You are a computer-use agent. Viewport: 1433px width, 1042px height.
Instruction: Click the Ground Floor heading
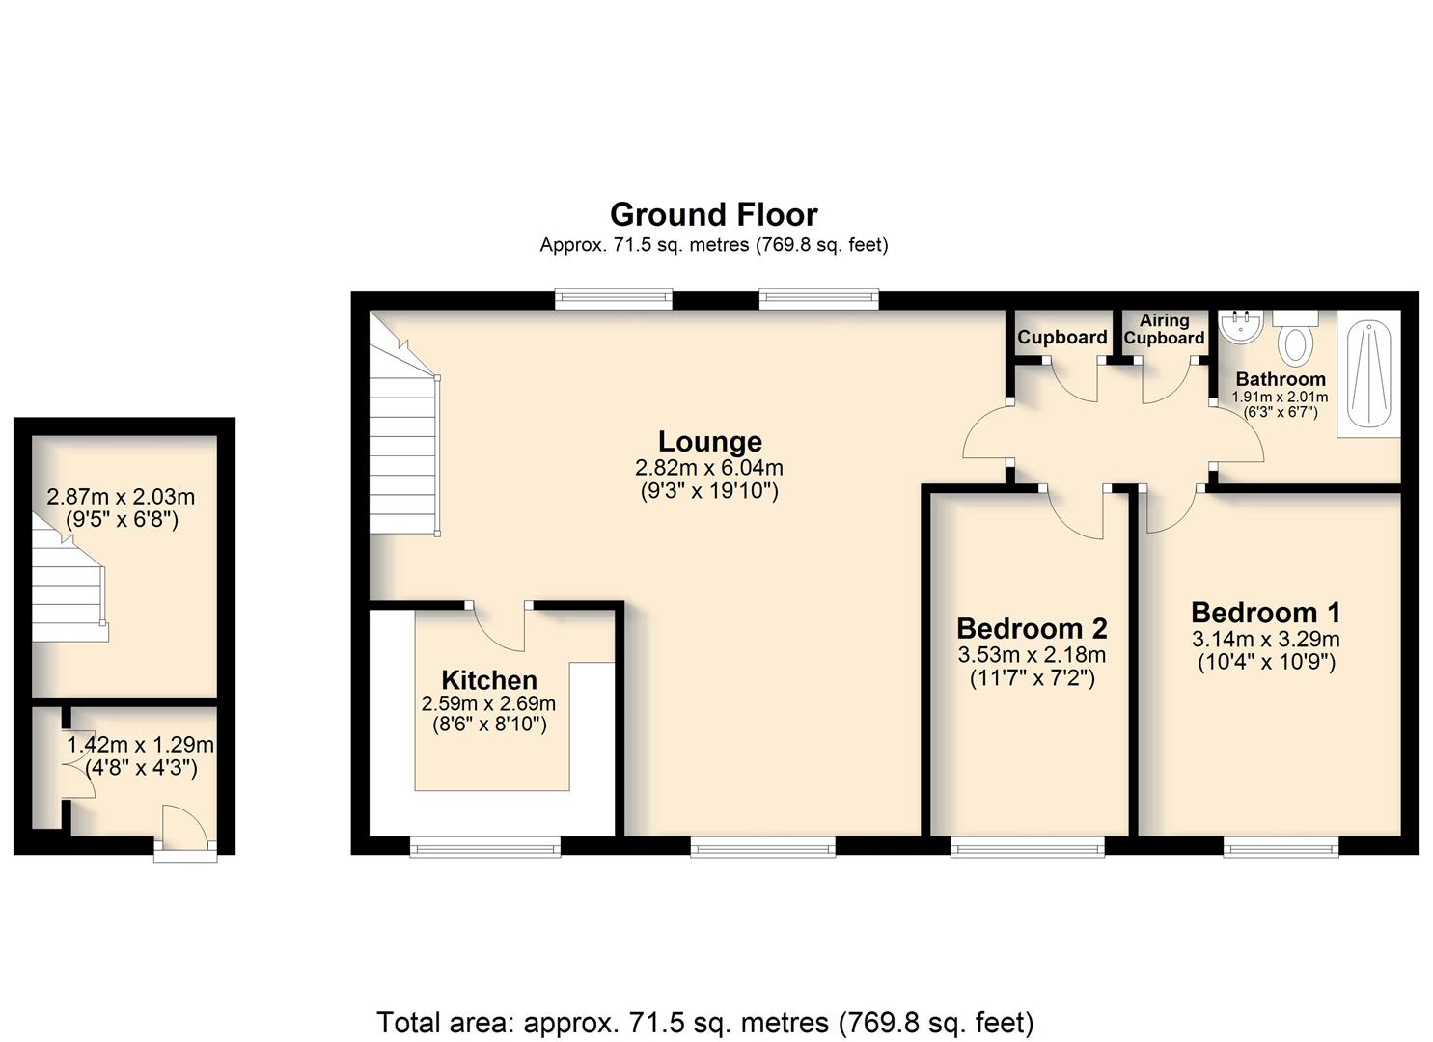click(x=713, y=215)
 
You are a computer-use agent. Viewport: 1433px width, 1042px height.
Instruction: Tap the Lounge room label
click(x=710, y=442)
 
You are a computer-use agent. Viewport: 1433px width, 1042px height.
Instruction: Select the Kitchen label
click(x=489, y=680)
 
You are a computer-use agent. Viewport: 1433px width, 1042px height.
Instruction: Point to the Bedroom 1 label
click(x=1265, y=613)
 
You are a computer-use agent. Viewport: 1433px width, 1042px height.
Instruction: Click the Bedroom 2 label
click(x=1032, y=629)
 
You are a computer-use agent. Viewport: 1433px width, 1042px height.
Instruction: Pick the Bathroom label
click(x=1281, y=379)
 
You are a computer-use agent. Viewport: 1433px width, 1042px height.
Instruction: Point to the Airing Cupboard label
click(x=1165, y=329)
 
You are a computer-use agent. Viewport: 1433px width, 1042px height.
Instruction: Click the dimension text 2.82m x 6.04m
click(x=709, y=468)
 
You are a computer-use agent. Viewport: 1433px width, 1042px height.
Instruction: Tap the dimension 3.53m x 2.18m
click(x=1032, y=655)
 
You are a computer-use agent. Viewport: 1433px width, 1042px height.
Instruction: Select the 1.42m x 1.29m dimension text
click(x=140, y=745)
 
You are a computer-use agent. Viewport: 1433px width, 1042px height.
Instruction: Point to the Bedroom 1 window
click(x=1281, y=847)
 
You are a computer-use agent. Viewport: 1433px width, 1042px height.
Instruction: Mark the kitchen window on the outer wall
click(x=485, y=847)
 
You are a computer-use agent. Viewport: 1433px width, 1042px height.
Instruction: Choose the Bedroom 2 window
click(x=1028, y=847)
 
